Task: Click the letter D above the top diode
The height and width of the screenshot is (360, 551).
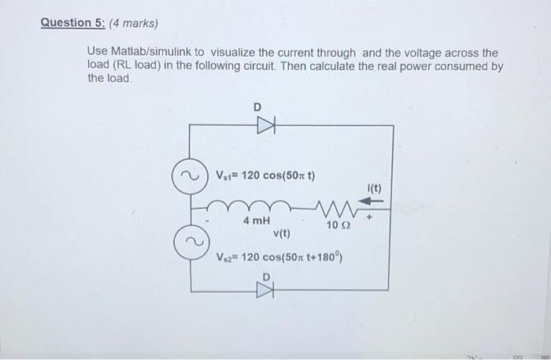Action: [256, 106]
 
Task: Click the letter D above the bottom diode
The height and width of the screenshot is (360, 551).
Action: [267, 276]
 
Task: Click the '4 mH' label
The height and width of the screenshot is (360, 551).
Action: [257, 221]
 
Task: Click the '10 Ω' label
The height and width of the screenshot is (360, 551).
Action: [336, 226]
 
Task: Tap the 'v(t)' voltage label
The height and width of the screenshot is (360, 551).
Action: [281, 234]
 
